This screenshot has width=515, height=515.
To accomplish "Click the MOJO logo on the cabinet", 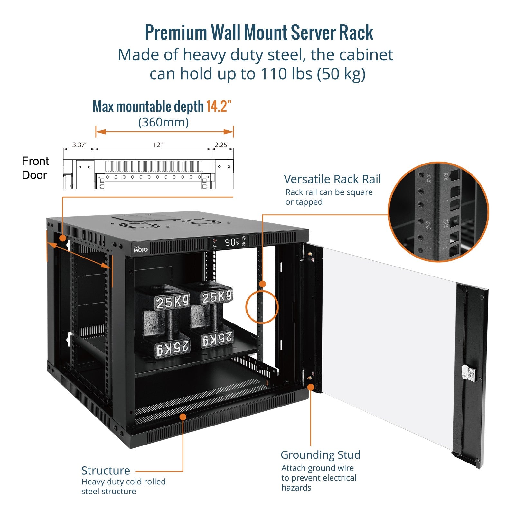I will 141,249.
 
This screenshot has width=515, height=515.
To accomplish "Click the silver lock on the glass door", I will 467,373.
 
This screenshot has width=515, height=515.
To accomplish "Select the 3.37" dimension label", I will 80,145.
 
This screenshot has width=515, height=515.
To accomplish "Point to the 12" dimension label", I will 157,145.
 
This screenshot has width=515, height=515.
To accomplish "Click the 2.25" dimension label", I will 222,145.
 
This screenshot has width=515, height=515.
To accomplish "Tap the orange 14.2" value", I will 219,107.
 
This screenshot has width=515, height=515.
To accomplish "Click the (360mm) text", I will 164,122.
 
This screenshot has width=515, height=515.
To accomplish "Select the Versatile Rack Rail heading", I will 332,179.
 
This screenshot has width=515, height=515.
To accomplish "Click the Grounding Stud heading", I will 320,455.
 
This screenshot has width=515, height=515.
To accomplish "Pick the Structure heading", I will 106,471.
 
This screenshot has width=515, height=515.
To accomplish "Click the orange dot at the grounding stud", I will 311,387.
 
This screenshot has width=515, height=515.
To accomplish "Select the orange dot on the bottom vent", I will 183,417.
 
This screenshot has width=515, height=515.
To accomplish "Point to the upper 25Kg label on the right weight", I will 217,297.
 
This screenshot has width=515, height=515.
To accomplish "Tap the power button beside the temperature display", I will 214,240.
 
